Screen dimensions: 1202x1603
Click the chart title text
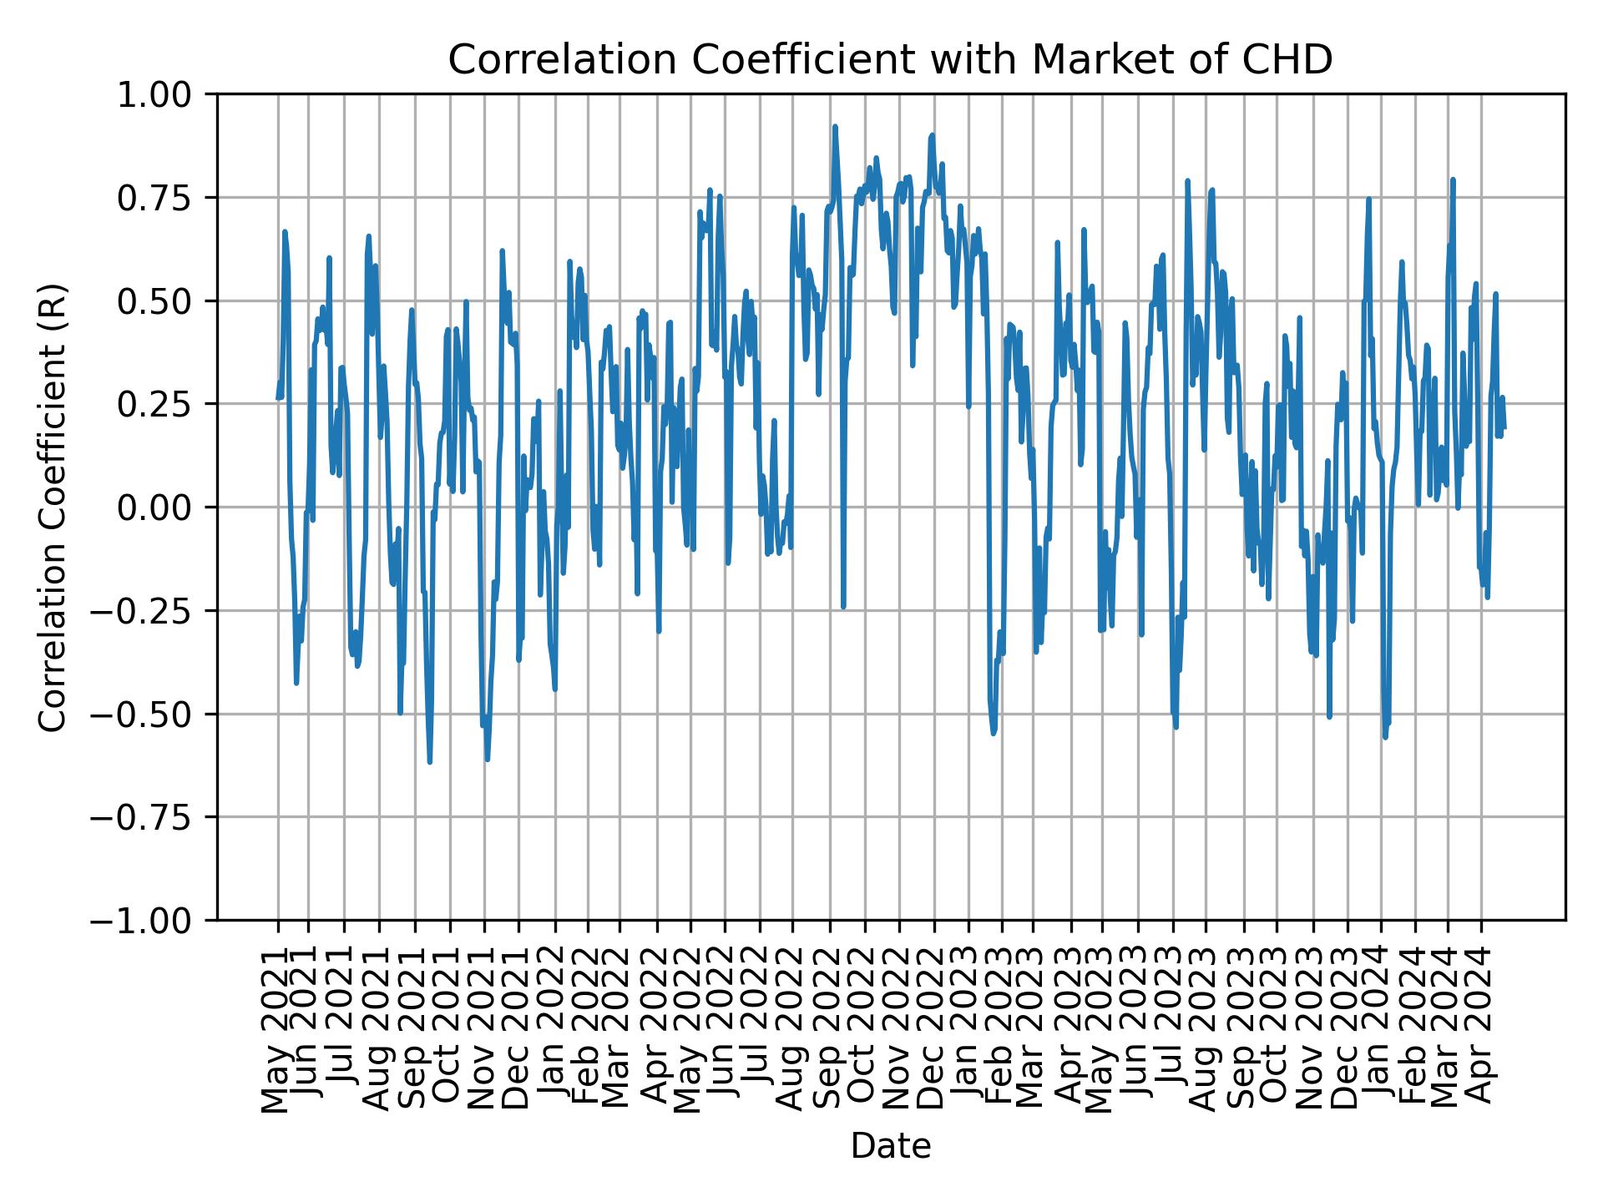pos(890,60)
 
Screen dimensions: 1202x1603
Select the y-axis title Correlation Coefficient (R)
pos(52,507)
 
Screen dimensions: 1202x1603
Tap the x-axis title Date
pos(890,1147)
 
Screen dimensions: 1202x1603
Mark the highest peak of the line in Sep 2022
pos(835,127)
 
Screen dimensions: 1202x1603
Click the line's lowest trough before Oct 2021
pos(429,761)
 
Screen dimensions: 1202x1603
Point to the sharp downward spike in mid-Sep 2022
pos(843,607)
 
